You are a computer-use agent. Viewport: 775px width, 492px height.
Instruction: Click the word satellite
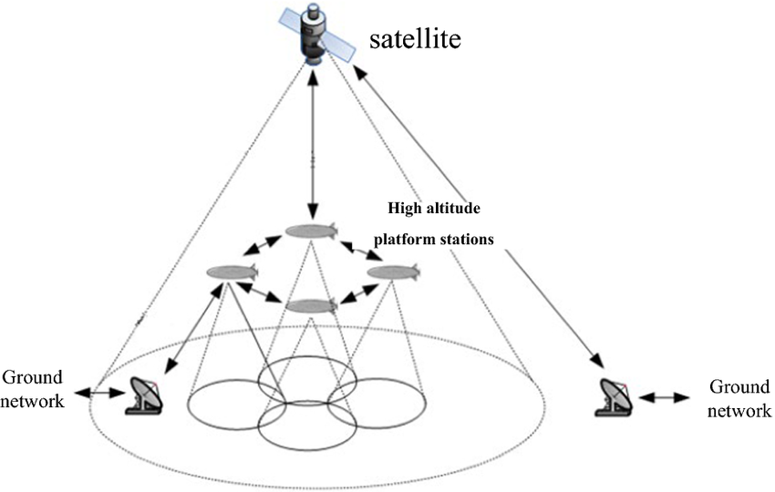pyautogui.click(x=415, y=39)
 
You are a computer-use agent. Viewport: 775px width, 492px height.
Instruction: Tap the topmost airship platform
pyautogui.click(x=312, y=231)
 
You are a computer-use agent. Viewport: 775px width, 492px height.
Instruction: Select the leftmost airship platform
pyautogui.click(x=232, y=272)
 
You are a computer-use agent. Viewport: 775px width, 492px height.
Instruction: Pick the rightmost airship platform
pyautogui.click(x=394, y=272)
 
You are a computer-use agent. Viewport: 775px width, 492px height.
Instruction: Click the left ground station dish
pyautogui.click(x=145, y=395)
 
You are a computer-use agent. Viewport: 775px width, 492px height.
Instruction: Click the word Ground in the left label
pyautogui.click(x=33, y=377)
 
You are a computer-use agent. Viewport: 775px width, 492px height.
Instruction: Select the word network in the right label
pyautogui.click(x=739, y=410)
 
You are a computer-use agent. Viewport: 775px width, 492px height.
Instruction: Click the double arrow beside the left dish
pyautogui.click(x=98, y=394)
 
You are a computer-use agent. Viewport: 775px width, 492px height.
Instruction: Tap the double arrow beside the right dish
pyautogui.click(x=663, y=397)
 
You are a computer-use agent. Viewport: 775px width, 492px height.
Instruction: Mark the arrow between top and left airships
pyautogui.click(x=263, y=245)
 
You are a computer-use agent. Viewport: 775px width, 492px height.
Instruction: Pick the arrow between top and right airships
pyautogui.click(x=362, y=250)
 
